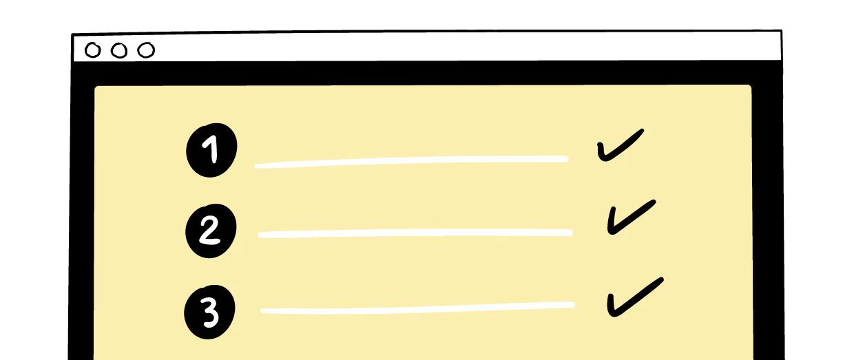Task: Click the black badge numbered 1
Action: tap(211, 150)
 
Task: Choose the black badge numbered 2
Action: tap(211, 231)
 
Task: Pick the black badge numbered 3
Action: tap(209, 312)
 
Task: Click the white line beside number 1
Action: tap(411, 162)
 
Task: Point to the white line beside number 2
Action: tap(415, 233)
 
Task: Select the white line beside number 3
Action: tap(417, 308)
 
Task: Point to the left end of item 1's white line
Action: tap(256, 166)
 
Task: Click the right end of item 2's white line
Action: tap(571, 233)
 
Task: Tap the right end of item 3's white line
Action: tap(573, 304)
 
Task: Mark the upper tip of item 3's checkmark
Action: tap(662, 279)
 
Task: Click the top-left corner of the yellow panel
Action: tap(95, 87)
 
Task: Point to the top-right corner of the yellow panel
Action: tap(751, 86)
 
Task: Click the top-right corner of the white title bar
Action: tap(781, 31)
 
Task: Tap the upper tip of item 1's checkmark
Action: tap(643, 130)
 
